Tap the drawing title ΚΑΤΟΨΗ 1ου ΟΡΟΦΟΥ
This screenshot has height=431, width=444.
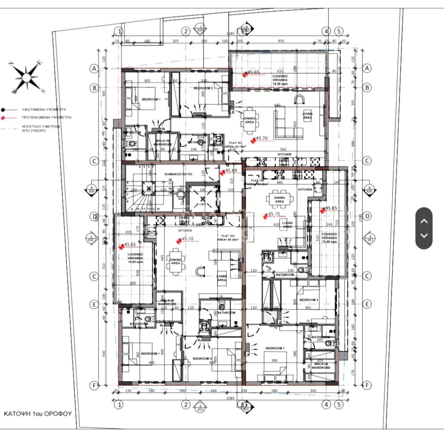(37, 414)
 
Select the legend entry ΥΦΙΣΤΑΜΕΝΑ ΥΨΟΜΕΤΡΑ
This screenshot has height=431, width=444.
(44, 109)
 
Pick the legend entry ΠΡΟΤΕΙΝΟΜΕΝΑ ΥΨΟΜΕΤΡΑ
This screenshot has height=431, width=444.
(46, 118)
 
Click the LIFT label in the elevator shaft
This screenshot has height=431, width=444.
(203, 205)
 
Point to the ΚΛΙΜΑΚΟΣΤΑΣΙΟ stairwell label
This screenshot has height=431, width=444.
(178, 174)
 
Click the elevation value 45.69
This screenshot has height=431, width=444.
(231, 171)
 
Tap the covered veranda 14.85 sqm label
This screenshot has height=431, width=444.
(135, 258)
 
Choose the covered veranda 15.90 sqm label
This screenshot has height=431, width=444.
(329, 238)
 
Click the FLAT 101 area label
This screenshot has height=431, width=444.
(237, 145)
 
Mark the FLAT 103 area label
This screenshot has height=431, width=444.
(227, 238)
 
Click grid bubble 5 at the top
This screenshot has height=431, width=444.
(339, 31)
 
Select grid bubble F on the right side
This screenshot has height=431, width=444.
(367, 385)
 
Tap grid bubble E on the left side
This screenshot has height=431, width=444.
(94, 304)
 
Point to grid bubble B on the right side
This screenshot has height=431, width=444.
(367, 87)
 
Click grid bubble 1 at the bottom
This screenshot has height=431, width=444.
(119, 404)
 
